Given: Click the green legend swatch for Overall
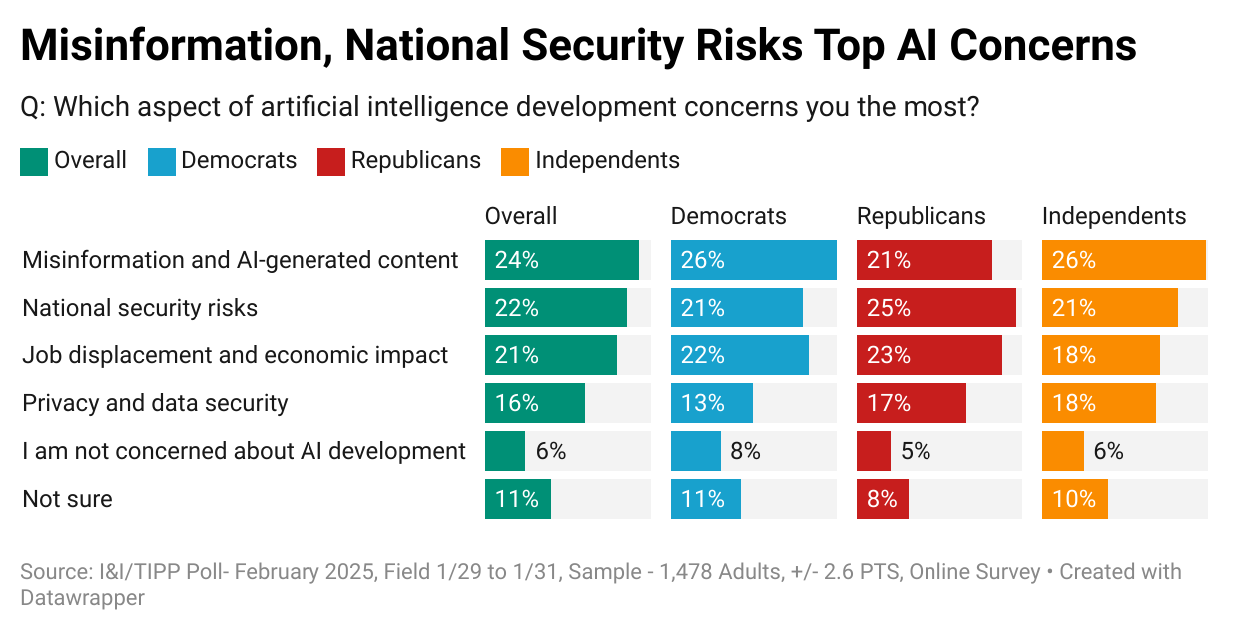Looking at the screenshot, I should [x=34, y=161].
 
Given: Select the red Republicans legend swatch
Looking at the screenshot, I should [x=331, y=161].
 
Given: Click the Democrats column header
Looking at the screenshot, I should [x=728, y=216].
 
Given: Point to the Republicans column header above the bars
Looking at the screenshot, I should [x=921, y=216].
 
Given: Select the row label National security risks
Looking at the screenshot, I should [x=140, y=308].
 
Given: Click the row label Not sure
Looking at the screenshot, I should [x=67, y=499].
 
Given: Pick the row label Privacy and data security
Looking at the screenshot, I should [x=155, y=403].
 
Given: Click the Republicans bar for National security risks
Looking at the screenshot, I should [x=935, y=308].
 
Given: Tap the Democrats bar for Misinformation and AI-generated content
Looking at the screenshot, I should [x=753, y=260].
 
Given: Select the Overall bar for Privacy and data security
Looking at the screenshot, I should [x=534, y=403].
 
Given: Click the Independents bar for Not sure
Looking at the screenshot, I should [x=1074, y=499].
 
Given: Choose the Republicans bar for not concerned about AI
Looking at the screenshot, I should [x=873, y=451].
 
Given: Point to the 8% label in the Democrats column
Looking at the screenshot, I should [x=745, y=451].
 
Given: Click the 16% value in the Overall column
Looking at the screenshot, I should [x=517, y=403].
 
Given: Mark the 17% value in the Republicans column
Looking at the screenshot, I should [x=889, y=403].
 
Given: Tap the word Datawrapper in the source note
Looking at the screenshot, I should [x=82, y=598].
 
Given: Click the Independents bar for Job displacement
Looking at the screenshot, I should [x=1100, y=355].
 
